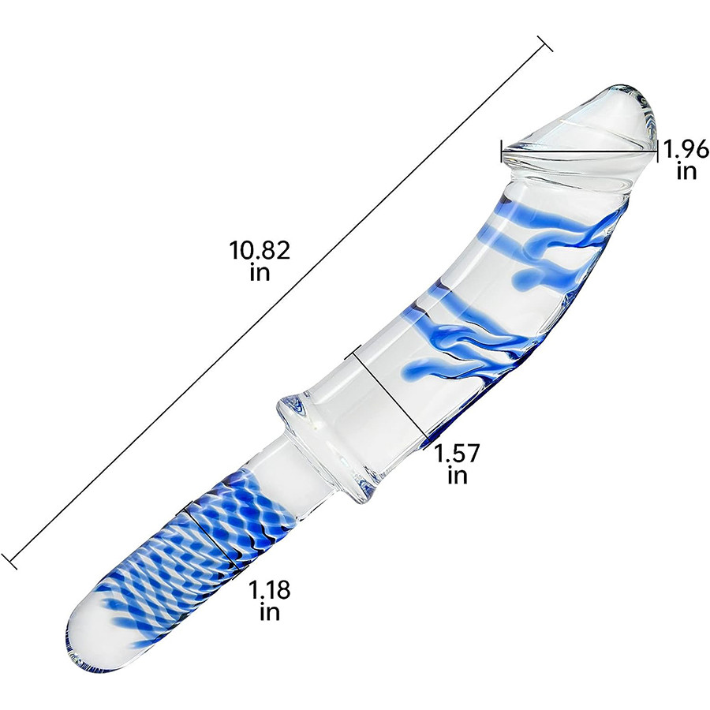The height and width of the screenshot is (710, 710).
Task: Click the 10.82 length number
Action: [260, 250]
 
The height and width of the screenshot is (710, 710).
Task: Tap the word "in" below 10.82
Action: [260, 273]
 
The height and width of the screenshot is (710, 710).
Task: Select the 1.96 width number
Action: [686, 149]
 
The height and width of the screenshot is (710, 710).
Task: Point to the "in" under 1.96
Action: [686, 171]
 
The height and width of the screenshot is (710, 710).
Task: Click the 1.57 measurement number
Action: [457, 454]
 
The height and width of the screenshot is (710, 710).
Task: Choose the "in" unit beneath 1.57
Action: [457, 476]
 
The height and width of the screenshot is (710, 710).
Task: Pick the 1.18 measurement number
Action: [269, 590]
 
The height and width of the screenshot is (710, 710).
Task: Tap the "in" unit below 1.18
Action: [270, 612]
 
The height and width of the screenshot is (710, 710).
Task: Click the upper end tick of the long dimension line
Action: [544, 43]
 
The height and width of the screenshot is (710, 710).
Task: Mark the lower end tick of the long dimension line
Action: [9, 561]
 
